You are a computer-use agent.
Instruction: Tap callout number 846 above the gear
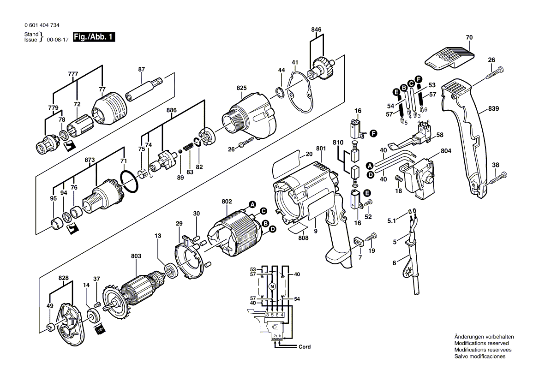point(316,30)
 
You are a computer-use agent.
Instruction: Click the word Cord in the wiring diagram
point(305,347)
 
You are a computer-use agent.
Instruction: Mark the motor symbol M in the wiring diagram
point(272,287)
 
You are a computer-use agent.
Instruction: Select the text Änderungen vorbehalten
point(484,337)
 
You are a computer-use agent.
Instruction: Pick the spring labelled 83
point(188,146)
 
